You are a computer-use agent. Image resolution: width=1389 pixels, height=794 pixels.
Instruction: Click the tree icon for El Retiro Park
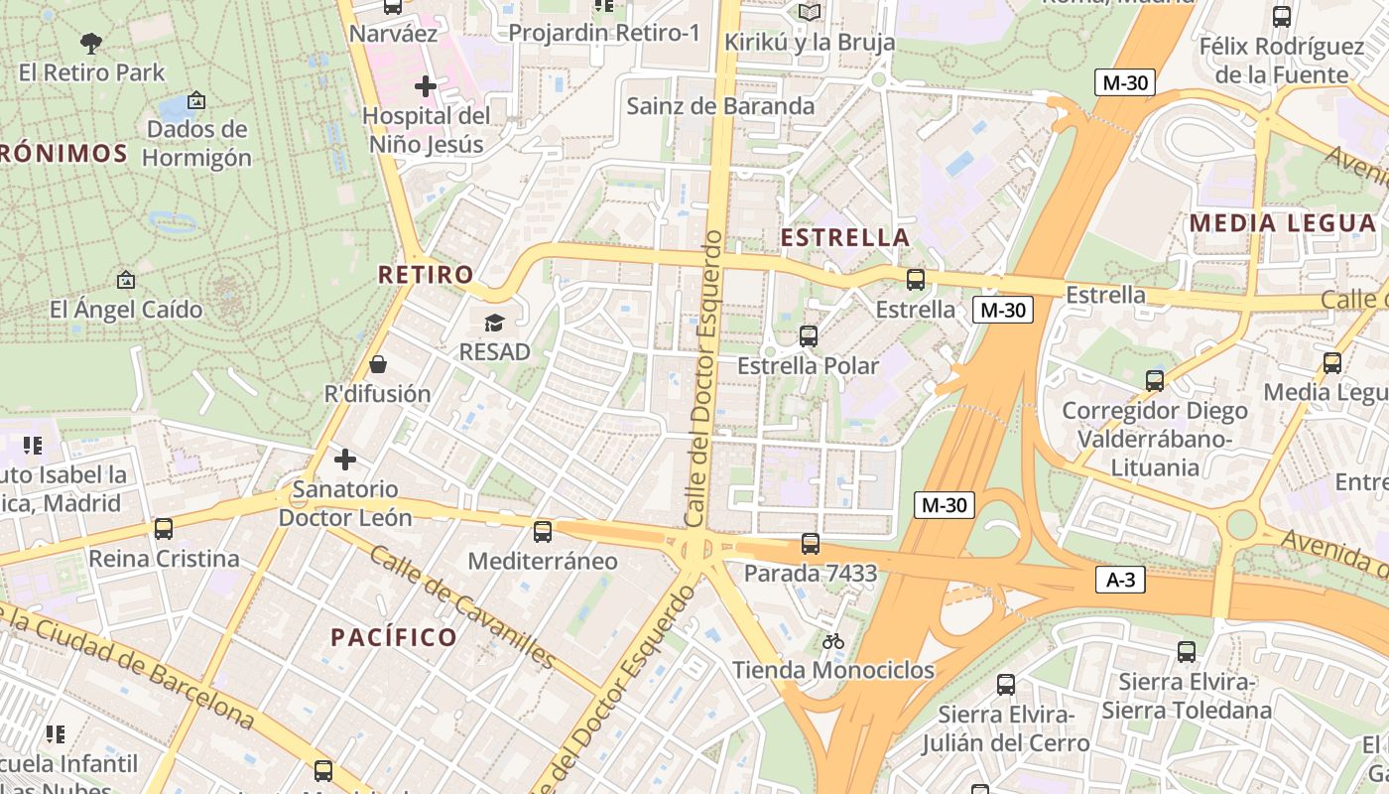(91, 43)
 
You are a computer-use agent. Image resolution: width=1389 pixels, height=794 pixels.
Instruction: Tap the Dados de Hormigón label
(196, 144)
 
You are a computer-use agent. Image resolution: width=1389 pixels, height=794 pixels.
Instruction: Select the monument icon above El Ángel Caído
(125, 281)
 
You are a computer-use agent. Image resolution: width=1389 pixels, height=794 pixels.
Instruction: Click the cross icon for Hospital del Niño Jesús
(426, 86)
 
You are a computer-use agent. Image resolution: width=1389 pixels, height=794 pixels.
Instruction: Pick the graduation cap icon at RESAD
(494, 323)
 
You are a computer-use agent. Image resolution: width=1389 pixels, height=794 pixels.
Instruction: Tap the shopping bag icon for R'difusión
(377, 364)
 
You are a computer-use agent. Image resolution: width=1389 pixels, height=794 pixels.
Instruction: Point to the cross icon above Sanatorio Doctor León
(345, 460)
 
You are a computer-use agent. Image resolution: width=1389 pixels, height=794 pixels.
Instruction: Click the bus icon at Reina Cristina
(164, 529)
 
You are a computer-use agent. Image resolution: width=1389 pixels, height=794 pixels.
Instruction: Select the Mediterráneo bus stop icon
(543, 531)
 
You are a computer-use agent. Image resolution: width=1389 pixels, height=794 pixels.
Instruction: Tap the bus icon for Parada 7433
(811, 543)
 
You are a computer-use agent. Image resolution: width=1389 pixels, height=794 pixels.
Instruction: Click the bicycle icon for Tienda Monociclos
(833, 641)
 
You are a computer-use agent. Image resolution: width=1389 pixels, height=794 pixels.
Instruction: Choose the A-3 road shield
(1120, 580)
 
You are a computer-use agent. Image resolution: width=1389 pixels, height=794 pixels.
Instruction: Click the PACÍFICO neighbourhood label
(394, 637)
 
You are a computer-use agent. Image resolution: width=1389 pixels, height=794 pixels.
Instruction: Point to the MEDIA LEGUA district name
(1283, 223)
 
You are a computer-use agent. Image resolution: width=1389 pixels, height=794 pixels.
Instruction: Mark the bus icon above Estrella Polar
(809, 336)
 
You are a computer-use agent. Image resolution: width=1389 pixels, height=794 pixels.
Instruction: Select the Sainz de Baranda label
(720, 106)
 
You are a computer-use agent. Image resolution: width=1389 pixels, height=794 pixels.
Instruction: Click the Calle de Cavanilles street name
(462, 605)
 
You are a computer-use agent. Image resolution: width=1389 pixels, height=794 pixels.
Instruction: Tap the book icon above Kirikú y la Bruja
(810, 12)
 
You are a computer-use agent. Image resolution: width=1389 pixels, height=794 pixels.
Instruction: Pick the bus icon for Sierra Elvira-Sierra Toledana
(1187, 652)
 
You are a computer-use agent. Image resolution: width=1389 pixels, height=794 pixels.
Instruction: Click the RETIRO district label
(426, 275)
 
